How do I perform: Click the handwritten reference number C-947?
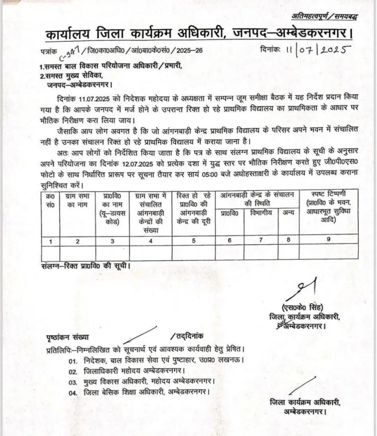pos(70,52)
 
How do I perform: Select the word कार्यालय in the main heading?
pos(68,35)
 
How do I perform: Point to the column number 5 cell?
pos(193,240)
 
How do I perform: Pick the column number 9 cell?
pos(328,239)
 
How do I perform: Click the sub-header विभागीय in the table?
pos(260,212)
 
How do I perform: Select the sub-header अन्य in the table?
pos(288,212)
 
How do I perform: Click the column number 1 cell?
pos(50,241)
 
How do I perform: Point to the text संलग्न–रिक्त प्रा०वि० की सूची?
pos(85,265)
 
